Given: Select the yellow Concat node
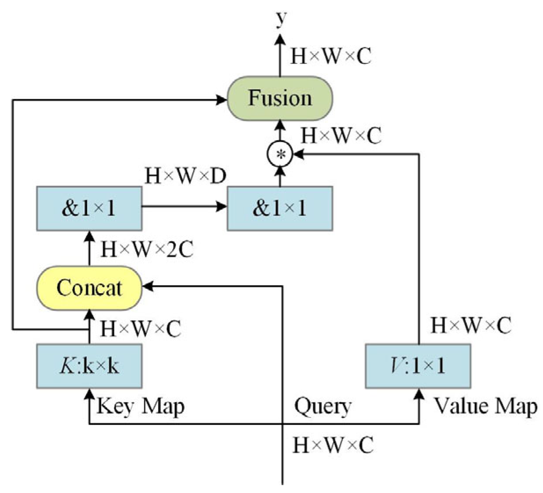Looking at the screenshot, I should [89, 288].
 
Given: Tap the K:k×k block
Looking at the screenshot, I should [89, 366].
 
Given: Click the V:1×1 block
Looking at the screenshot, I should [418, 366].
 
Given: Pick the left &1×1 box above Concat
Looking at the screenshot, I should [89, 208].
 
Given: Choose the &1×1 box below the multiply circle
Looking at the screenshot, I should [279, 208].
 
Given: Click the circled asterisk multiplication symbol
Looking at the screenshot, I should [279, 154].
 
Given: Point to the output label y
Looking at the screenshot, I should [280, 18].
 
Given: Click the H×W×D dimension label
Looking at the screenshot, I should [185, 176].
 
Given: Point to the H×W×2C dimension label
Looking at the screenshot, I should [147, 250].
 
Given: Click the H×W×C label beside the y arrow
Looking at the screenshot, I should [331, 56].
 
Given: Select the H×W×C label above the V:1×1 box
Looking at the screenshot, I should [471, 326].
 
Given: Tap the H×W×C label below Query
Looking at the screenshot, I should [333, 445].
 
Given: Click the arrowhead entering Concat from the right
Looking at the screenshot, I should [148, 286].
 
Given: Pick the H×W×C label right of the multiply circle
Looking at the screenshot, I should [341, 136].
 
